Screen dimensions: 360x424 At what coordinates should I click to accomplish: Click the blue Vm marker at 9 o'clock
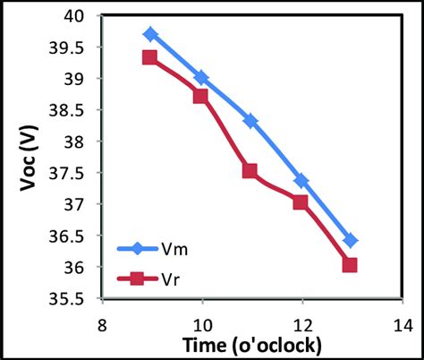[151, 34]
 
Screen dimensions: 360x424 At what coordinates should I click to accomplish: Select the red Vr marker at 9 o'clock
[150, 57]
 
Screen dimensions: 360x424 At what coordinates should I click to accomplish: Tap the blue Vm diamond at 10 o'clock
[201, 78]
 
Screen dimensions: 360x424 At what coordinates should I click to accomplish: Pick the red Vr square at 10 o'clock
[200, 96]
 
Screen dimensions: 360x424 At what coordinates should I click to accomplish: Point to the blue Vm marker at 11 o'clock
[250, 121]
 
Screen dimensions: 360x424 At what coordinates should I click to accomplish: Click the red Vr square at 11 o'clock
[250, 171]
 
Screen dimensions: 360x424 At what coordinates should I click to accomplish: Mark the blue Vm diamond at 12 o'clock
[301, 181]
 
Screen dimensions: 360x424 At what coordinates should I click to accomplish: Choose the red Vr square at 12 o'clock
[300, 202]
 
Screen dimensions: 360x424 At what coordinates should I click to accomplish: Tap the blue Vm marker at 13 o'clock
[351, 240]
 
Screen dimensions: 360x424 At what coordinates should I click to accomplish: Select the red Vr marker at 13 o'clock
[350, 265]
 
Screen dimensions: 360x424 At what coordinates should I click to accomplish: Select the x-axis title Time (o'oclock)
[253, 345]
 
